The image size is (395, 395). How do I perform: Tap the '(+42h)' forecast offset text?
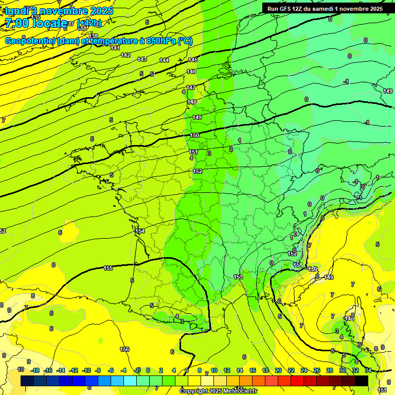pyautogui.click(x=89, y=23)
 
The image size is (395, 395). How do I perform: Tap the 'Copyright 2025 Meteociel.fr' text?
pyautogui.click(x=218, y=391)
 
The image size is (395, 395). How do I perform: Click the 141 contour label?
pyautogui.click(x=115, y=48)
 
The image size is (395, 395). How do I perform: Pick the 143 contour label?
pyautogui.click(x=142, y=59)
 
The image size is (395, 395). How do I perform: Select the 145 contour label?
pyautogui.click(x=192, y=60)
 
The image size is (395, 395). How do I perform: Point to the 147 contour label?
pyautogui.click(x=191, y=87)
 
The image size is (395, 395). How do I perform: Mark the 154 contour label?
pyautogui.click(x=140, y=231)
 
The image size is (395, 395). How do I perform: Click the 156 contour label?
pyautogui.click(x=124, y=349)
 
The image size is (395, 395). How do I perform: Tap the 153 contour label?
pyautogui.click(x=238, y=277)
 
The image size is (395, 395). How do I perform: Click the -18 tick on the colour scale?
pyautogui.click(x=35, y=370)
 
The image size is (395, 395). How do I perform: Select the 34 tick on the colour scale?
pyautogui.click(x=368, y=370)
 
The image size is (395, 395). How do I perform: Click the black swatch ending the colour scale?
pyautogui.click(x=362, y=381)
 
